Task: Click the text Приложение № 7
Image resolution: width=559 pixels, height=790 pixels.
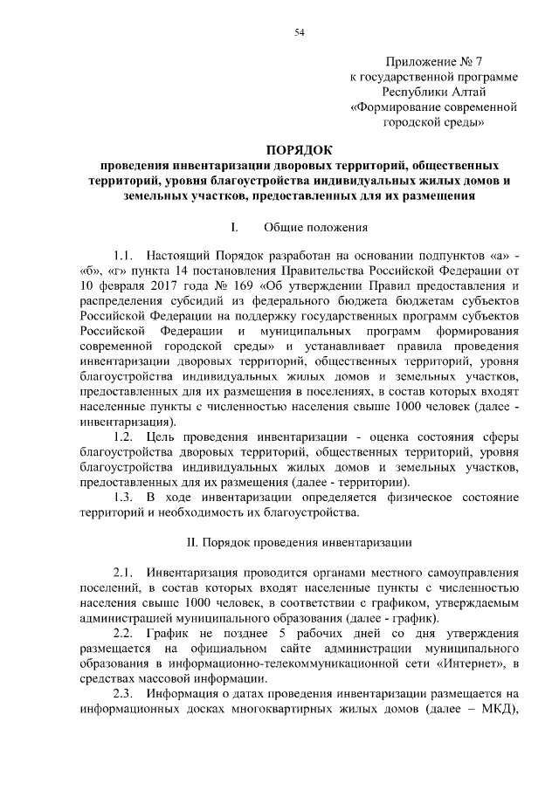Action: coord(433,61)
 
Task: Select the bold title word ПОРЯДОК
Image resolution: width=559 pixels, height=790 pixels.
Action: coord(300,149)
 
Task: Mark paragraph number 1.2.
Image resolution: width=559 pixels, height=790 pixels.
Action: coord(122,436)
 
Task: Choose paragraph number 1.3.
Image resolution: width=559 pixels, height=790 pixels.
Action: coord(122,496)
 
